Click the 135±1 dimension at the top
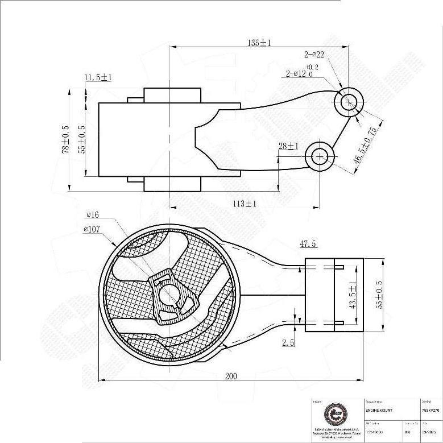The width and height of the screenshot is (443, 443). [x=259, y=43]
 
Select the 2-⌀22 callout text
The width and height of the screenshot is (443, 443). [x=314, y=55]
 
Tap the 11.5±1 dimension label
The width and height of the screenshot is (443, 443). [x=98, y=77]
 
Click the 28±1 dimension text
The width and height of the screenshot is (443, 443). [x=289, y=146]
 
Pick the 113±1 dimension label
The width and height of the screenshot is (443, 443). [x=245, y=203]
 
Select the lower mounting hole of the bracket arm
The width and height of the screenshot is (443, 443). [x=319, y=156]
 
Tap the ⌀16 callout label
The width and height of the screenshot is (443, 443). [x=93, y=215]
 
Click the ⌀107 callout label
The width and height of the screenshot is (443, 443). [x=92, y=229]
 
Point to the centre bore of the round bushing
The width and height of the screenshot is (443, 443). [x=169, y=294]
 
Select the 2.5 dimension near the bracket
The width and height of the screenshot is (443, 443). [x=289, y=343]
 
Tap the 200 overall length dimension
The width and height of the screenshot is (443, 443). [x=231, y=376]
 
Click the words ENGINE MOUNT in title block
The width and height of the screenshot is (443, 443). [x=378, y=410]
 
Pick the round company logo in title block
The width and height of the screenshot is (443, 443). [x=333, y=413]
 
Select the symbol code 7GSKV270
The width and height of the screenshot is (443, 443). [x=430, y=410]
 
